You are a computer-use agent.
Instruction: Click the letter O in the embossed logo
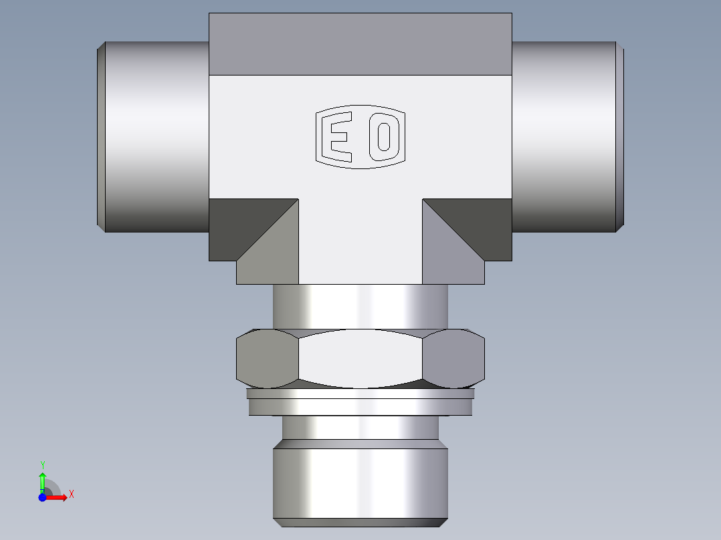(x=384, y=137)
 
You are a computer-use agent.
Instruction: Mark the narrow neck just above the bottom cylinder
(x=360, y=428)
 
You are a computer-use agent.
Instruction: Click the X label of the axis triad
(x=72, y=495)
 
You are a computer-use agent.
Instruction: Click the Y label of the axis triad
(x=42, y=464)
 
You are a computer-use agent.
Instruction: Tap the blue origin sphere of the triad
(x=42, y=497)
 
